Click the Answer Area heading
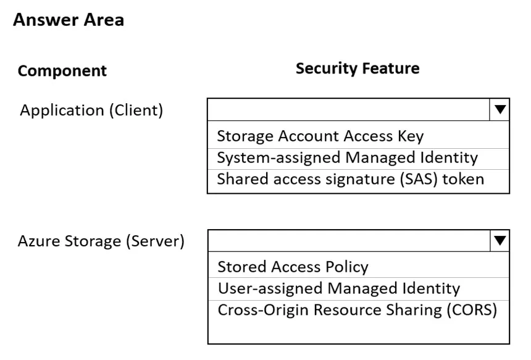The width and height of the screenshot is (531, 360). [69, 20]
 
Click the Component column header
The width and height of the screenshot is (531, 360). [62, 71]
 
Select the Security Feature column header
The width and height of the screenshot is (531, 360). [357, 68]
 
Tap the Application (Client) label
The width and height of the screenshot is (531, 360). [91, 111]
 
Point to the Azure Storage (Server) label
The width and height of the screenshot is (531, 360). [101, 241]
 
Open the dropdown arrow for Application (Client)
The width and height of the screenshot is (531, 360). [500, 109]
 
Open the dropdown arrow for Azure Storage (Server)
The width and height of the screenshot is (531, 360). [500, 240]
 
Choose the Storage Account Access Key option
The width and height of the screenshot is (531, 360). [320, 136]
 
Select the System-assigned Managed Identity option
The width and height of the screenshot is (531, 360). [348, 158]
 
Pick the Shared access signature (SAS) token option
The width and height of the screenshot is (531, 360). [351, 179]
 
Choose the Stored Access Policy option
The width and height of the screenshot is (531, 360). [293, 267]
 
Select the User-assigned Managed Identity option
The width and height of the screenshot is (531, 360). [339, 288]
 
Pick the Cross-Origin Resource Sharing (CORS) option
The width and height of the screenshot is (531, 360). [357, 310]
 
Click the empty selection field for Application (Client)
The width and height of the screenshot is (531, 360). [348, 109]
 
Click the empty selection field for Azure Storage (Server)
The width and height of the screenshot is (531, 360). [349, 240]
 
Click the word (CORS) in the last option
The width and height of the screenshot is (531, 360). [472, 310]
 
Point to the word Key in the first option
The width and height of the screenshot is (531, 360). [411, 136]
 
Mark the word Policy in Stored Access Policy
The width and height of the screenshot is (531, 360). [347, 267]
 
